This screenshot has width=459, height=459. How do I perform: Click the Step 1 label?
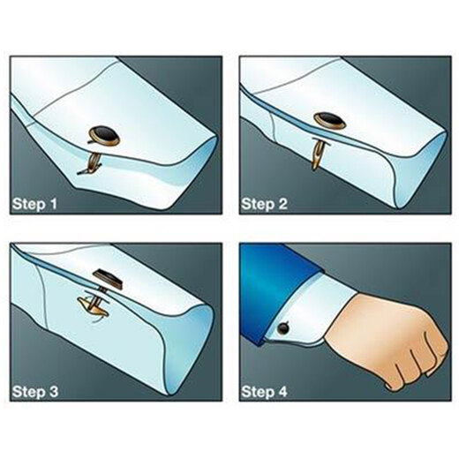coord(34,204)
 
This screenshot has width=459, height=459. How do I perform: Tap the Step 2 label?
coord(264,204)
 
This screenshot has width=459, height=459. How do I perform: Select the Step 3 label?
coord(35,392)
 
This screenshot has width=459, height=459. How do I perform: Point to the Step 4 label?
coord(264,392)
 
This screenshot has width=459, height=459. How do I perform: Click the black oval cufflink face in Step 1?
coord(105,134)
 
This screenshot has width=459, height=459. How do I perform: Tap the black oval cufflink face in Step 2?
coord(330,119)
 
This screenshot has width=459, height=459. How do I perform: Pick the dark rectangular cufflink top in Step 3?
coord(108,278)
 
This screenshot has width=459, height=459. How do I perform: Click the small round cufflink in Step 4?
coord(284,327)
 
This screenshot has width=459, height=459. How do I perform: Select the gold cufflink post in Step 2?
coord(318,154)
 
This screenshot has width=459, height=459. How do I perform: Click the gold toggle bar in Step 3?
coord(93,307)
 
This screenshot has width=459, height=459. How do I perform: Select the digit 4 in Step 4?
coord(282,392)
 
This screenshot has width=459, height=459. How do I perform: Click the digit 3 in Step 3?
coord(53,392)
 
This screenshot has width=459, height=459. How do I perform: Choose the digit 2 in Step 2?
coord(282,204)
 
